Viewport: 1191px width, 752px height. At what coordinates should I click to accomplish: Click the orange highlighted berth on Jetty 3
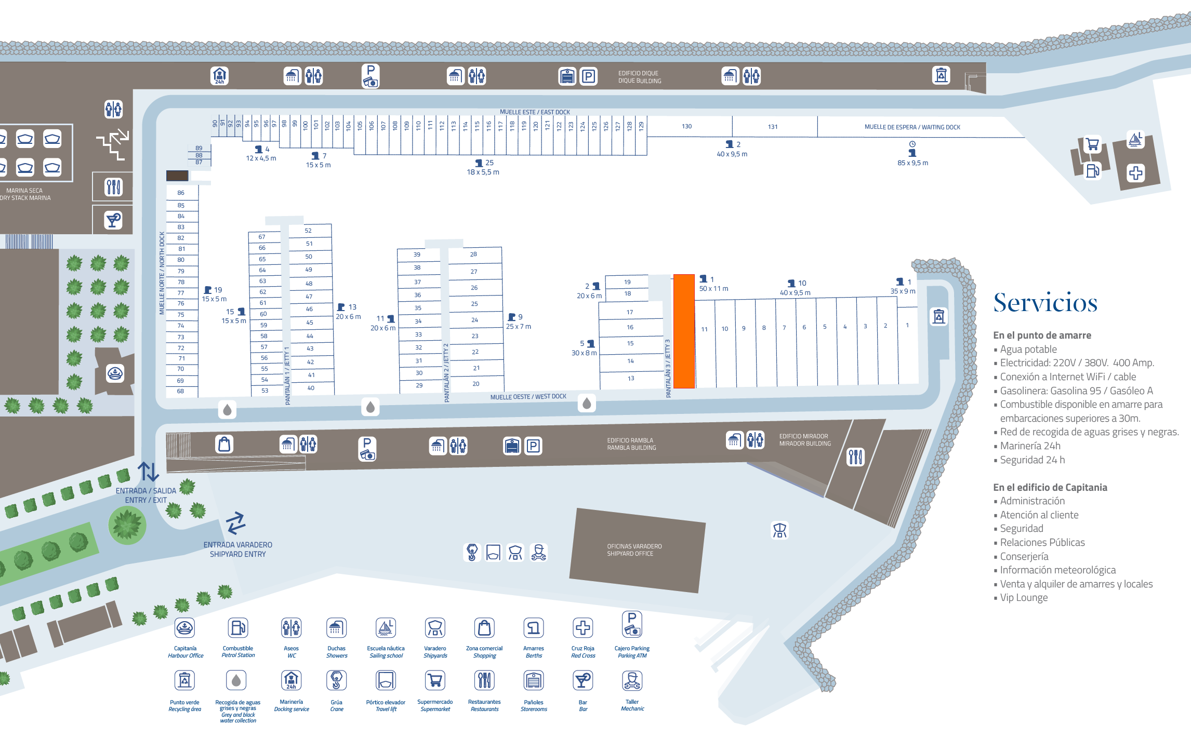point(684,331)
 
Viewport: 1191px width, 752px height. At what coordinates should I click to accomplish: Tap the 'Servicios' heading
point(1045,303)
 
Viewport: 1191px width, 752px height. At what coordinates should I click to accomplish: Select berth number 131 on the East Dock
point(773,127)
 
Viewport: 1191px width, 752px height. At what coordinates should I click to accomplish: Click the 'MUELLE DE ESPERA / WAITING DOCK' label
point(912,127)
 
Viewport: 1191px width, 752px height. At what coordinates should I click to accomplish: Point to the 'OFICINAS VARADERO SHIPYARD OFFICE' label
point(634,550)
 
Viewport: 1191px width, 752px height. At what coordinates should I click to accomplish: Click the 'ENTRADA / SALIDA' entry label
point(145,491)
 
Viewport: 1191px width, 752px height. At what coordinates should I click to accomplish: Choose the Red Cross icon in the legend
point(583,628)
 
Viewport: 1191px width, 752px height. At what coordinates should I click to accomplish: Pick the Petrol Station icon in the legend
point(238,628)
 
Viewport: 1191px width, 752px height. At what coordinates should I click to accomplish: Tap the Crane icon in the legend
point(336,680)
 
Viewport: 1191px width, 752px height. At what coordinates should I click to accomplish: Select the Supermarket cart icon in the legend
point(435,680)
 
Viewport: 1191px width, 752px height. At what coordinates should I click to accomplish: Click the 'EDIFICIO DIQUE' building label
point(639,77)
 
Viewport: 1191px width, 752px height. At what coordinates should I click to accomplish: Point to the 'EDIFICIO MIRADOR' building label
point(804,440)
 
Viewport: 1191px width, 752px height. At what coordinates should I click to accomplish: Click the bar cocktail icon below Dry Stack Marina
point(113,220)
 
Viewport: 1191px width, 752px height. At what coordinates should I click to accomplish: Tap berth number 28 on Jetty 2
point(473,254)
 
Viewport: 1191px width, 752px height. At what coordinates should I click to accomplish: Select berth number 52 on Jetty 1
point(308,231)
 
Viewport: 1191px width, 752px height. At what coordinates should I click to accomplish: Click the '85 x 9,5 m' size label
point(912,163)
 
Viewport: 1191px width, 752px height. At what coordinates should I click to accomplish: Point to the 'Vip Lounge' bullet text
point(1024,598)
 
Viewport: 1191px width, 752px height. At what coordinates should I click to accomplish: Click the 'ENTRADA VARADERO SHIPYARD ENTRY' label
point(237,549)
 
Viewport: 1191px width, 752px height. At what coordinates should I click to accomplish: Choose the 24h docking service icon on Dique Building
point(220,76)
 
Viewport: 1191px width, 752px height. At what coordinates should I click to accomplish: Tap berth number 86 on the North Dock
point(181,193)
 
